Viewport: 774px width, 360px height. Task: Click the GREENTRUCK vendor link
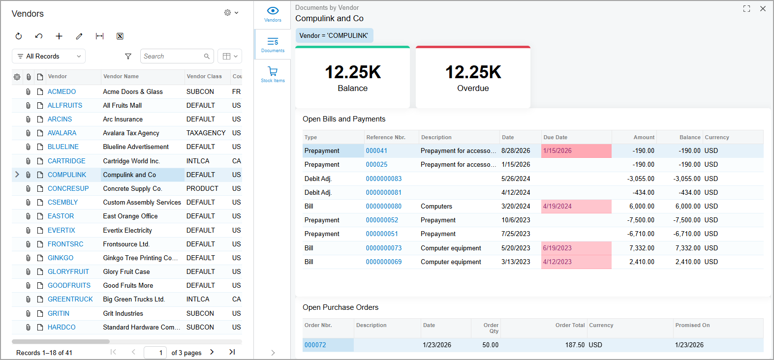point(70,299)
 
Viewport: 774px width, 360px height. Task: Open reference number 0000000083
point(383,179)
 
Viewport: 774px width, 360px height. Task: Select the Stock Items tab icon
point(273,71)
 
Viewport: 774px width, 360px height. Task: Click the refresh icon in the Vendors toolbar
point(19,36)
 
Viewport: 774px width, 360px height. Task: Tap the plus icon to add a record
point(59,36)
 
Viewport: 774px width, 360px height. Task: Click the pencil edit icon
point(79,36)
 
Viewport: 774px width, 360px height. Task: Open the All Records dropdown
point(49,57)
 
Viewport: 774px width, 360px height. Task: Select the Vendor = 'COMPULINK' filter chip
point(334,35)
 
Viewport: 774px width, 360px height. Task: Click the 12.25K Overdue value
point(473,72)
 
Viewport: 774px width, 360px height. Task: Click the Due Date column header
point(555,137)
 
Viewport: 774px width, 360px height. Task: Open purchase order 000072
point(315,345)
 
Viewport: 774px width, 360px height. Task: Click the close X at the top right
point(763,9)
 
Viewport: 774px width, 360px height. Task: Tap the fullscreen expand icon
point(747,9)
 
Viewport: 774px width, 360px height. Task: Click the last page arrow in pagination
point(232,352)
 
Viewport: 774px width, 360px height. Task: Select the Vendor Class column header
point(204,76)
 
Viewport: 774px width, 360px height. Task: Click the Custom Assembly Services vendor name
point(142,203)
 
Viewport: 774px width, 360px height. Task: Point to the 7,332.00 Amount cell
point(642,248)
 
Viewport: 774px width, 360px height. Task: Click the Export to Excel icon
point(120,36)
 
